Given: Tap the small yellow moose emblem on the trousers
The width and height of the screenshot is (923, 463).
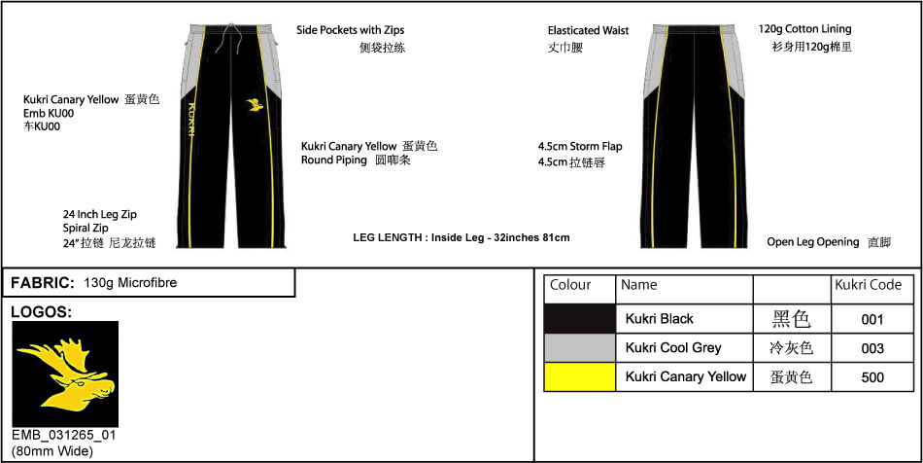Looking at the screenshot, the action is pyautogui.click(x=255, y=105).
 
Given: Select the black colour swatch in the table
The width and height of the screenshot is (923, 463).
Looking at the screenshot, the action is pyautogui.click(x=580, y=319).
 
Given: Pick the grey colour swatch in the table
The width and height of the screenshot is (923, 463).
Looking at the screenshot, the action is pyautogui.click(x=580, y=347).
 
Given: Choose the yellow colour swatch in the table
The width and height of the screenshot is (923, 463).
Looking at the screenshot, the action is pyautogui.click(x=580, y=376).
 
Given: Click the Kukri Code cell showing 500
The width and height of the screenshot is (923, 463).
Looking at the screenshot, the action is pyautogui.click(x=872, y=377).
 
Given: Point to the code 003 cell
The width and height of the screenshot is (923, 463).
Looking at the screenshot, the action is pyautogui.click(x=872, y=348).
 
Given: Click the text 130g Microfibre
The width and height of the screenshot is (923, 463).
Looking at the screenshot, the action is pyautogui.click(x=131, y=283).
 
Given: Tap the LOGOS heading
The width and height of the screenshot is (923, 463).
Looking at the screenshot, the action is pyautogui.click(x=41, y=312).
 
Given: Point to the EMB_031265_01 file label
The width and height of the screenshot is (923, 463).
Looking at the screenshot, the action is pyautogui.click(x=63, y=436).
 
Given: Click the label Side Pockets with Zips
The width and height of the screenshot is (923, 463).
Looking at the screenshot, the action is pyautogui.click(x=350, y=30).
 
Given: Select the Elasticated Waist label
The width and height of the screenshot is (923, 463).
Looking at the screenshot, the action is pyautogui.click(x=588, y=30).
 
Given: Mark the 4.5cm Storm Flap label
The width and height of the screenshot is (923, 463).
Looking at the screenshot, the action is pyautogui.click(x=580, y=146).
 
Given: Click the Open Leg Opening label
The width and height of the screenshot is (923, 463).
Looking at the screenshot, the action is pyautogui.click(x=813, y=242).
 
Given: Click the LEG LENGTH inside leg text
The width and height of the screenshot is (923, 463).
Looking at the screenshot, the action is pyautogui.click(x=461, y=238).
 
